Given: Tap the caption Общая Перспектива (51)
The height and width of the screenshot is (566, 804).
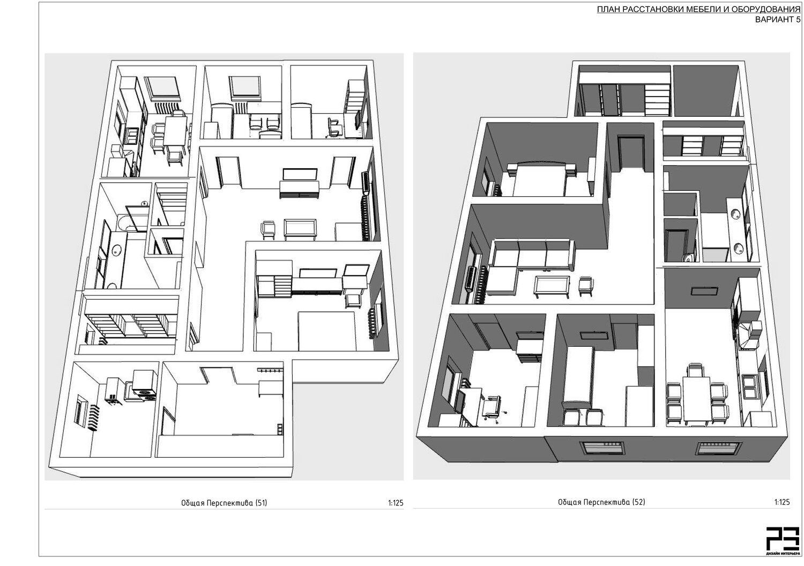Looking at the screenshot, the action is pos(224,503).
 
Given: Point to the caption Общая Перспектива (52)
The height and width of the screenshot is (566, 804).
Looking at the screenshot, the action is pos(601,502).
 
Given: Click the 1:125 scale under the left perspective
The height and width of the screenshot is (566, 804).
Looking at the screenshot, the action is pos(396,503).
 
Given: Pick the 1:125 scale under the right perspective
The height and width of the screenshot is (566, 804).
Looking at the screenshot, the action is pos(781,502).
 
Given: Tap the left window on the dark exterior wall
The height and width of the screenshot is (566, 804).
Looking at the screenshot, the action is pos(604,448).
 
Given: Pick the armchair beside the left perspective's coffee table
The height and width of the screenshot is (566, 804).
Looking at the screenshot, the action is pos(268,229).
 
